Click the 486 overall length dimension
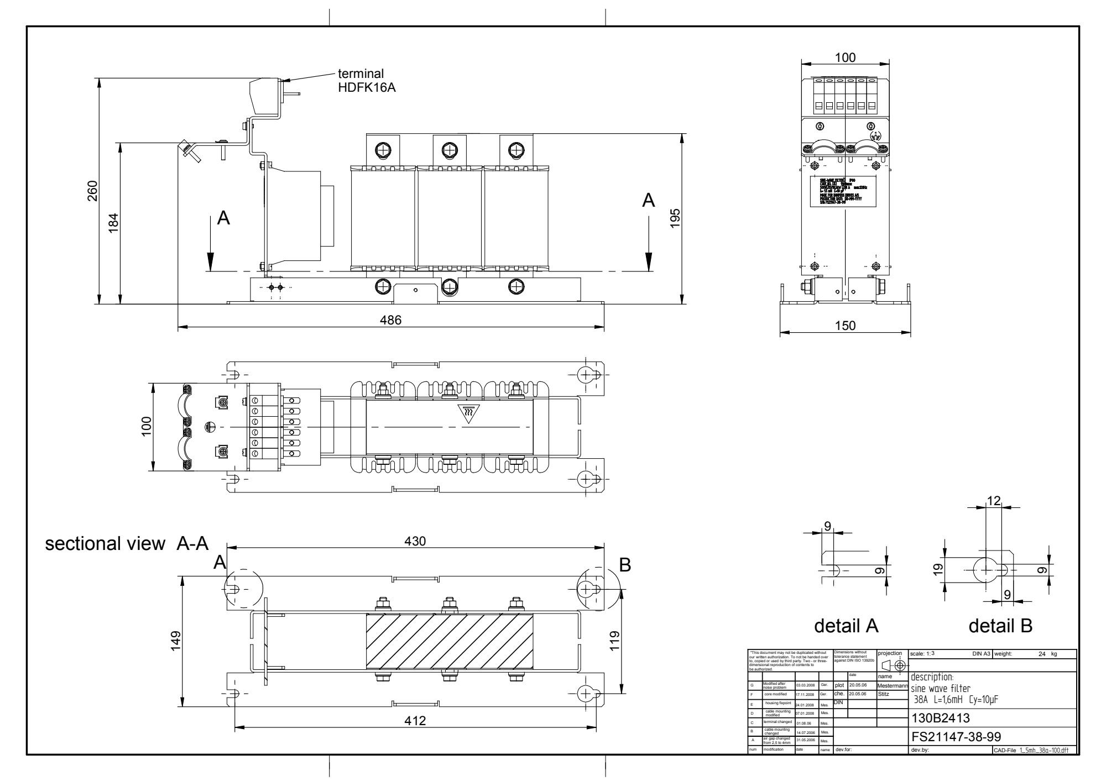(x=390, y=320)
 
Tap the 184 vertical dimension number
(x=114, y=223)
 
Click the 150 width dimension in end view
(x=845, y=326)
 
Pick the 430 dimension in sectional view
(x=415, y=541)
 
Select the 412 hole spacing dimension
(x=415, y=721)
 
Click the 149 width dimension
(x=176, y=641)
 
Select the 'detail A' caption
(x=846, y=626)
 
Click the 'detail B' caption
(x=1000, y=626)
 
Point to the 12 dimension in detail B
(x=994, y=501)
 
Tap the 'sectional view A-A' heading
(x=127, y=544)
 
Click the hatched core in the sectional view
(x=449, y=641)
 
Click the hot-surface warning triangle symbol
(x=468, y=413)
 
